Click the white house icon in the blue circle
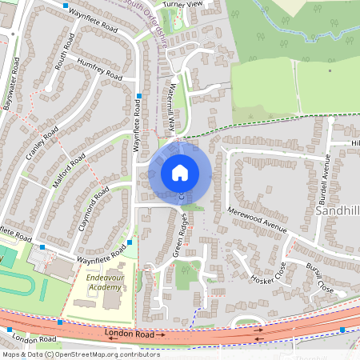click(180, 172)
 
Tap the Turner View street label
click(184, 5)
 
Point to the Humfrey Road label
click(100, 69)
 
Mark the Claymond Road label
click(94, 207)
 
